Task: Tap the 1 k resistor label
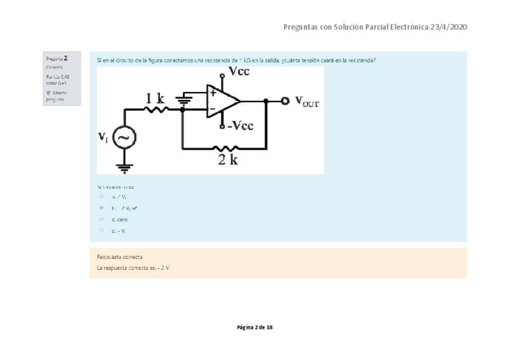pos(155,97)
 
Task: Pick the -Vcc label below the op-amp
pos(239,126)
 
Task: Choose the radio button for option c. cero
pos(102,219)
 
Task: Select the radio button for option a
pos(102,197)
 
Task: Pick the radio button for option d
pos(102,230)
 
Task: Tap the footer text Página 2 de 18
pos(255,327)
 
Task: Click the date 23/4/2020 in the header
pos(449,27)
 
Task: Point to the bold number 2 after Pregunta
pos(65,58)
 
